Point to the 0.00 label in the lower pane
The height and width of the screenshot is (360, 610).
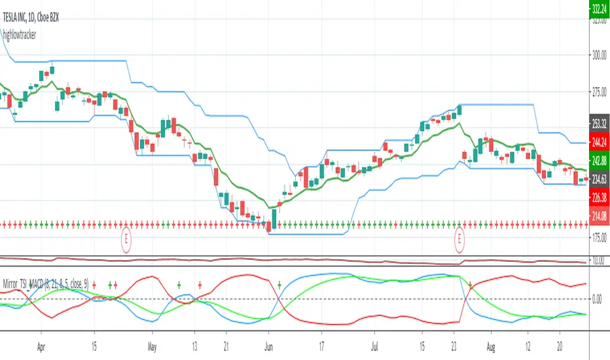pos(598,300)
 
